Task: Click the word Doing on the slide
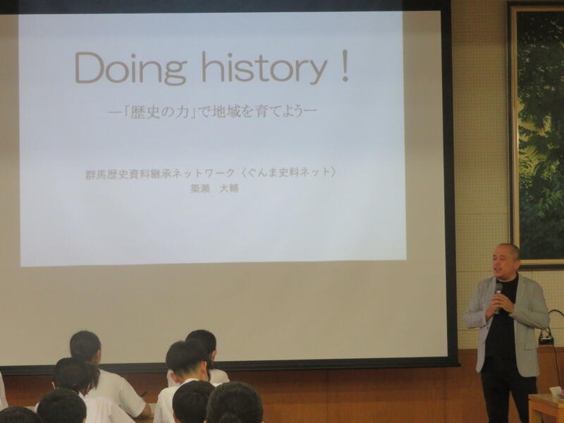131,67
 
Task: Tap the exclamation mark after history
345,66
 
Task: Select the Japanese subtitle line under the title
213,112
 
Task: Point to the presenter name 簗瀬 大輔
215,189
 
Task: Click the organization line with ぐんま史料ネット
210,173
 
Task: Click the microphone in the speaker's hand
498,295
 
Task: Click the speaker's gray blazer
529,317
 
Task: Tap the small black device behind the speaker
546,339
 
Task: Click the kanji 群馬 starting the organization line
94,174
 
